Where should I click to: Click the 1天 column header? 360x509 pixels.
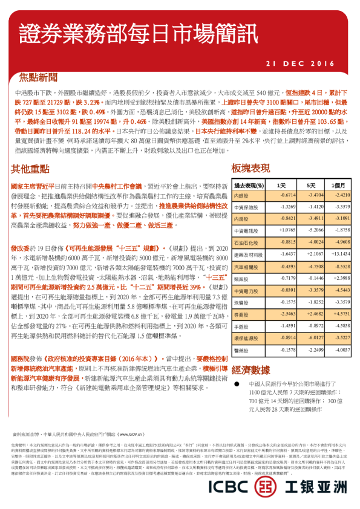click(282, 185)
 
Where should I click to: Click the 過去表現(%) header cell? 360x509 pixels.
click(249, 185)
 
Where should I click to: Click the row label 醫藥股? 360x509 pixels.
click(241, 349)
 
